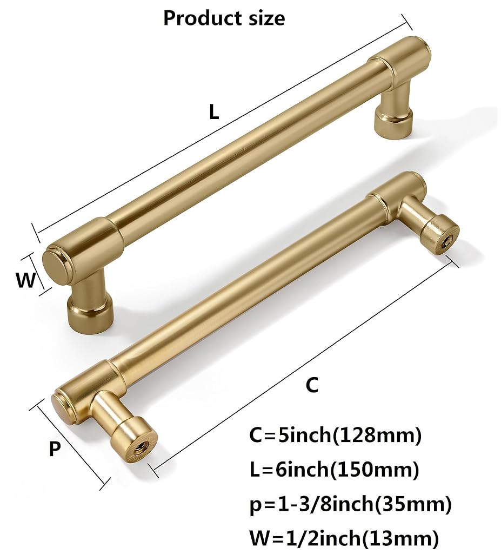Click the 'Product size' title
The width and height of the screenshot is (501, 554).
point(224,18)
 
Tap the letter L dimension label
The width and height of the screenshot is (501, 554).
point(214,113)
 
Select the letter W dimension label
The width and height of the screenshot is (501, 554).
point(26,280)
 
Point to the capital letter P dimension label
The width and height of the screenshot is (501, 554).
point(55,449)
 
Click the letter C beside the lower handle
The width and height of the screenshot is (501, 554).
point(312,385)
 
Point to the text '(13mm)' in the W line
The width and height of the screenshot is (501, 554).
point(400,538)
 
